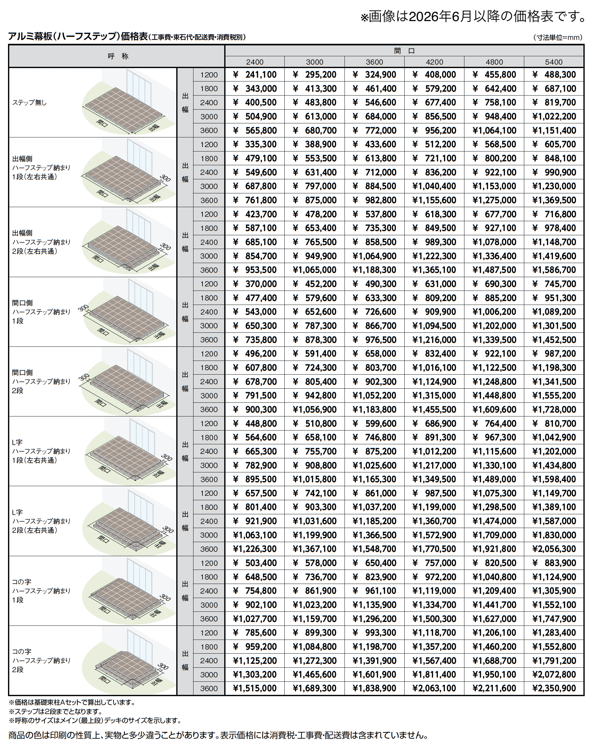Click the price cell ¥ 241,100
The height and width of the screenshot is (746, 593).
click(x=255, y=75)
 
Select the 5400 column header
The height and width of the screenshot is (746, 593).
click(x=554, y=62)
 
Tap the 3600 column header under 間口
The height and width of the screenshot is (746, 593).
click(x=374, y=62)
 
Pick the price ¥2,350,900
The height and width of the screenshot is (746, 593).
click(x=554, y=688)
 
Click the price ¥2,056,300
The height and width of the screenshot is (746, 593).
click(x=554, y=549)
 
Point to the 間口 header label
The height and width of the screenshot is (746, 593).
click(x=404, y=51)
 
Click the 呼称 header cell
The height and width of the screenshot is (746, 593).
click(x=118, y=56)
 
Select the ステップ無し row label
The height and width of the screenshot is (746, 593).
click(x=29, y=102)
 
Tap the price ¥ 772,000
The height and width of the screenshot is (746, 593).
click(x=375, y=130)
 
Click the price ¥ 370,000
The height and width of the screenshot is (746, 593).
click(x=255, y=284)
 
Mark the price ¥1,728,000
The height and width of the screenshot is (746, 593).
click(x=554, y=409)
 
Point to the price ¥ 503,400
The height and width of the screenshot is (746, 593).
click(x=255, y=563)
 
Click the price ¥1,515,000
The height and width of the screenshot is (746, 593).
click(x=255, y=688)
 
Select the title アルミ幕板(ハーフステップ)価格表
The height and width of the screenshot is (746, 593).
click(x=78, y=36)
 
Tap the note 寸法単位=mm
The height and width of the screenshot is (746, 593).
click(x=558, y=37)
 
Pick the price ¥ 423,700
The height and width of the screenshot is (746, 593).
click(x=255, y=214)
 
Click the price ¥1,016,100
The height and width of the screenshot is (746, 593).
click(x=434, y=368)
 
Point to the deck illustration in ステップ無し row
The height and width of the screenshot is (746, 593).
click(x=125, y=104)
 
